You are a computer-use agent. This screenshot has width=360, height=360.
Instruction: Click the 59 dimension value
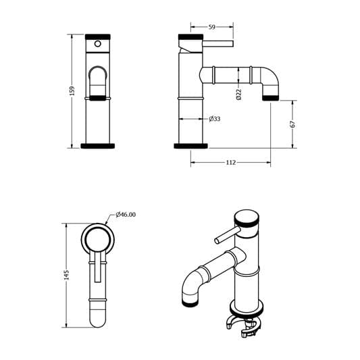[x=212, y=28]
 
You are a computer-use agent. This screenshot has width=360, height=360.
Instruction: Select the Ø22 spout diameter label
[x=239, y=95]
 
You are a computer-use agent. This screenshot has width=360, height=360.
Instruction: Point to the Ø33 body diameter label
[x=214, y=119]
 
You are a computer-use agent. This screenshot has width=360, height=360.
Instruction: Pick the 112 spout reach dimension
[x=230, y=163]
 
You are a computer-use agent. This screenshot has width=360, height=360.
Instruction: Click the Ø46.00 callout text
[x=126, y=214]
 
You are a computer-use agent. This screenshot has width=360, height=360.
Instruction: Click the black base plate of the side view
[x=192, y=145]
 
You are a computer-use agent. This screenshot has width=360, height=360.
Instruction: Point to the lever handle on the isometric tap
[x=223, y=237]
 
